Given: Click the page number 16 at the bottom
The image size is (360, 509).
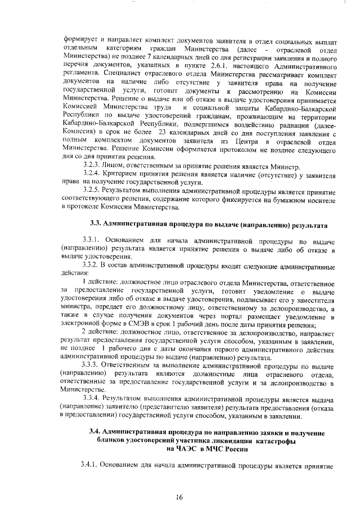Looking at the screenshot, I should coord(179,497).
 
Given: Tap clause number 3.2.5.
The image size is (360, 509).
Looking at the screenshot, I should coord(92,190).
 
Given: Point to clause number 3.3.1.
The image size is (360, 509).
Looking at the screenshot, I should coord(92,240).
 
